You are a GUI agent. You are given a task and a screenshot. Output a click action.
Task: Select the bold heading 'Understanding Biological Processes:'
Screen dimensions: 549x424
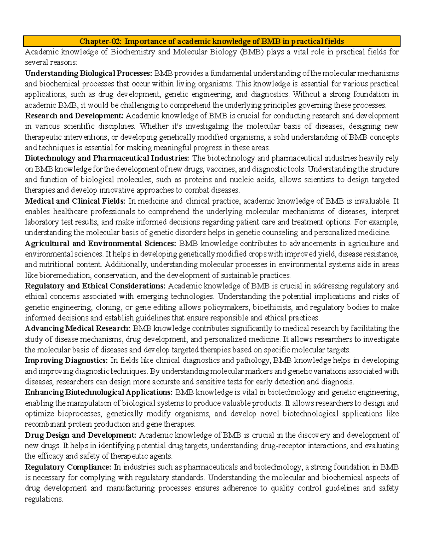click(x=88, y=73)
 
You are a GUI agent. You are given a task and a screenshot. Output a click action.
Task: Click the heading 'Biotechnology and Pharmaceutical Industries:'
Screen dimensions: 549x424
click(x=107, y=158)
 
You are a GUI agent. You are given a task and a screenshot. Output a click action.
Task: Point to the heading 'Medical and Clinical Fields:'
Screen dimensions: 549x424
click(x=75, y=201)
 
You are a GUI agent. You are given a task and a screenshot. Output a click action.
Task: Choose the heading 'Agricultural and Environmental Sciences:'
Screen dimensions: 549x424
click(x=100, y=243)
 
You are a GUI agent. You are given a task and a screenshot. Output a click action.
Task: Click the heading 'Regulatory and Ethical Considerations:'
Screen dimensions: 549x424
click(x=95, y=286)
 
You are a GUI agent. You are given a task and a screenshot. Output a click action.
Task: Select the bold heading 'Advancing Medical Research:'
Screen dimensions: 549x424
click(x=78, y=328)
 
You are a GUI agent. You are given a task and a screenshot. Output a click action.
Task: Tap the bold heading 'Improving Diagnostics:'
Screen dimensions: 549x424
click(x=66, y=360)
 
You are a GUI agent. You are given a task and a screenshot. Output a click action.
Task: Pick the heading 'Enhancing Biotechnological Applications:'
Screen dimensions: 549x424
click(x=99, y=392)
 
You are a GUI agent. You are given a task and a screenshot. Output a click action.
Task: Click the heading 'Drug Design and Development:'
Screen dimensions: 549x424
click(x=80, y=435)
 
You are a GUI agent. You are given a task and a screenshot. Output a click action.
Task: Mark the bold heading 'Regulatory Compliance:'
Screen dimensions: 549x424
click(x=68, y=467)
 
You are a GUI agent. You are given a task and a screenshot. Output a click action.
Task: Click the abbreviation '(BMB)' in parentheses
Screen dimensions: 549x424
click(x=252, y=52)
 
